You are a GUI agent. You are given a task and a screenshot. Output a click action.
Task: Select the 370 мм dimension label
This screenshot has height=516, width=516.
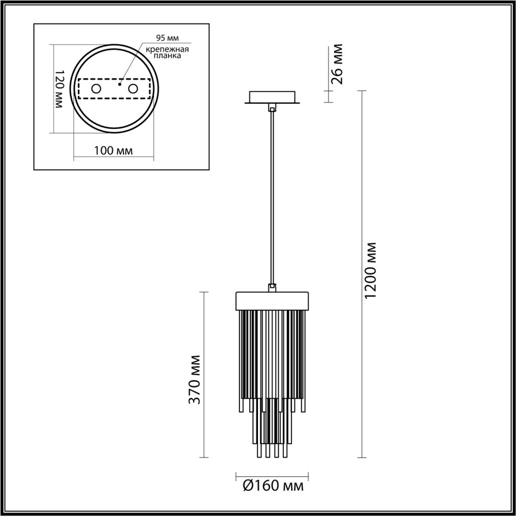[x=195, y=379]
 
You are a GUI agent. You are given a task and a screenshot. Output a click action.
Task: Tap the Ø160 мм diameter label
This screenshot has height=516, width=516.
[x=272, y=486]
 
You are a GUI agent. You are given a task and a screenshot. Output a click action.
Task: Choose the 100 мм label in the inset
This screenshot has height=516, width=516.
[x=114, y=151]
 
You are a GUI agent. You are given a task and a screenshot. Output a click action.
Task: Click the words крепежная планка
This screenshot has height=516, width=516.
[x=166, y=53]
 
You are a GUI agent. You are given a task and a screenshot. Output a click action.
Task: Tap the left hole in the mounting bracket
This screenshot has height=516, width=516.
[x=96, y=89]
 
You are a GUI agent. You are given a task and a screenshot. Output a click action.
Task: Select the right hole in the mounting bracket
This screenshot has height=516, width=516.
[x=134, y=89]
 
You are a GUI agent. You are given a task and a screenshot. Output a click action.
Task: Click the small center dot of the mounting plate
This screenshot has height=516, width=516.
[x=119, y=83]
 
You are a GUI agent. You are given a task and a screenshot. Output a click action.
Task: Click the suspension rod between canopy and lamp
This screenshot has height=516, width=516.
[x=272, y=196]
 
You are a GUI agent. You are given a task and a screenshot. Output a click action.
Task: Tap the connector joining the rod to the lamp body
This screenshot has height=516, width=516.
[x=272, y=287]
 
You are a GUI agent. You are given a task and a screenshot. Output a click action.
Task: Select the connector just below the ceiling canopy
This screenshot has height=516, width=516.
[x=272, y=108]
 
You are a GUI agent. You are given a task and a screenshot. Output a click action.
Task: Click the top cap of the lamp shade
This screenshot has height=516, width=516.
[x=272, y=300]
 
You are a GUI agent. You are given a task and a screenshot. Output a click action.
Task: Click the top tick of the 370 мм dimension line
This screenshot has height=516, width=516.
[x=204, y=292]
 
